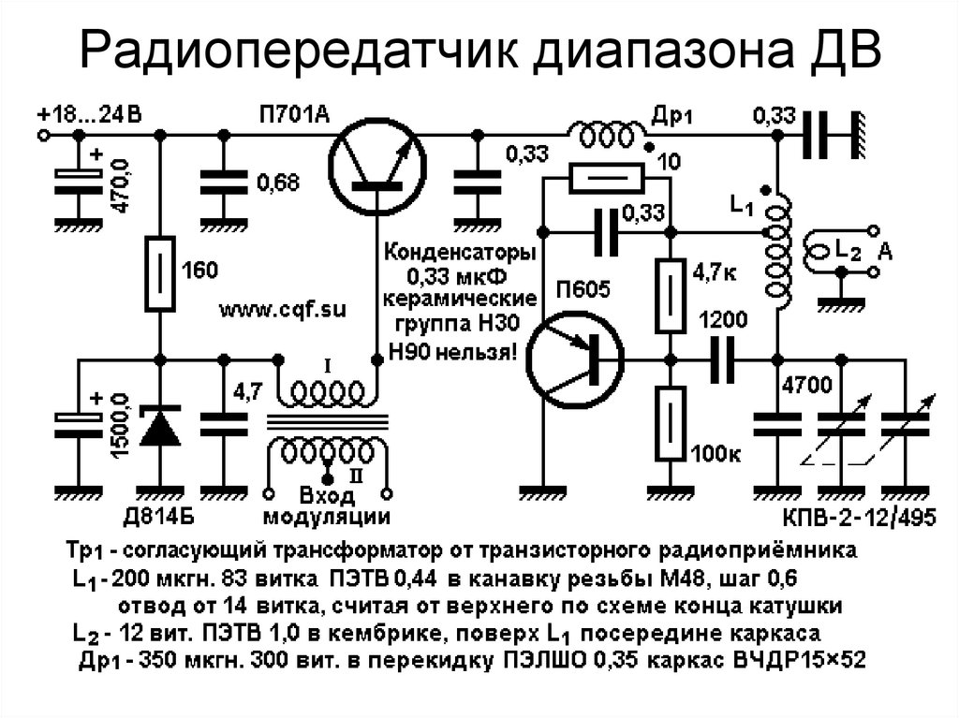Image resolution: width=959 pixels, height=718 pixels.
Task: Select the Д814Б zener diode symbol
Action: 160,426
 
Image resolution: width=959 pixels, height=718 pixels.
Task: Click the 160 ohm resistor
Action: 160,273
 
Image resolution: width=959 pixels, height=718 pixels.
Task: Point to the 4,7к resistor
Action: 671,296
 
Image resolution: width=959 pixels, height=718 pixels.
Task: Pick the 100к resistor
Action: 671,423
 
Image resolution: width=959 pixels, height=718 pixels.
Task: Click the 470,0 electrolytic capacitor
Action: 79,183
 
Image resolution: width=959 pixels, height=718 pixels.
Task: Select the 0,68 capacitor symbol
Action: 224,183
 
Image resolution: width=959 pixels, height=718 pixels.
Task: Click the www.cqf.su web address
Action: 283,309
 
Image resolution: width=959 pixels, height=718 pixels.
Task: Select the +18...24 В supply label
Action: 89,114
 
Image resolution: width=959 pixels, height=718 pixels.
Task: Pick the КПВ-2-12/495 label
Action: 860,518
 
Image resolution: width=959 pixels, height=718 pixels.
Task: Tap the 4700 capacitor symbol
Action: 778,424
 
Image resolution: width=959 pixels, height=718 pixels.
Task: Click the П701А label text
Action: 294,114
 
